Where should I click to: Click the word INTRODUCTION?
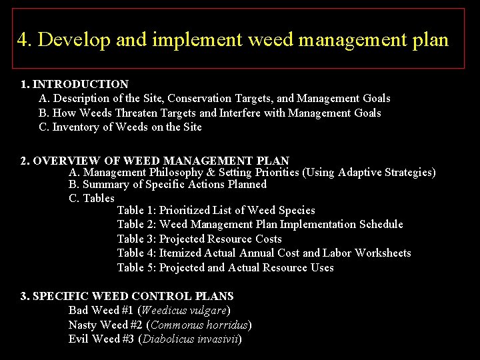[81, 84]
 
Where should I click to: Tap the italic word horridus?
[228, 325]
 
